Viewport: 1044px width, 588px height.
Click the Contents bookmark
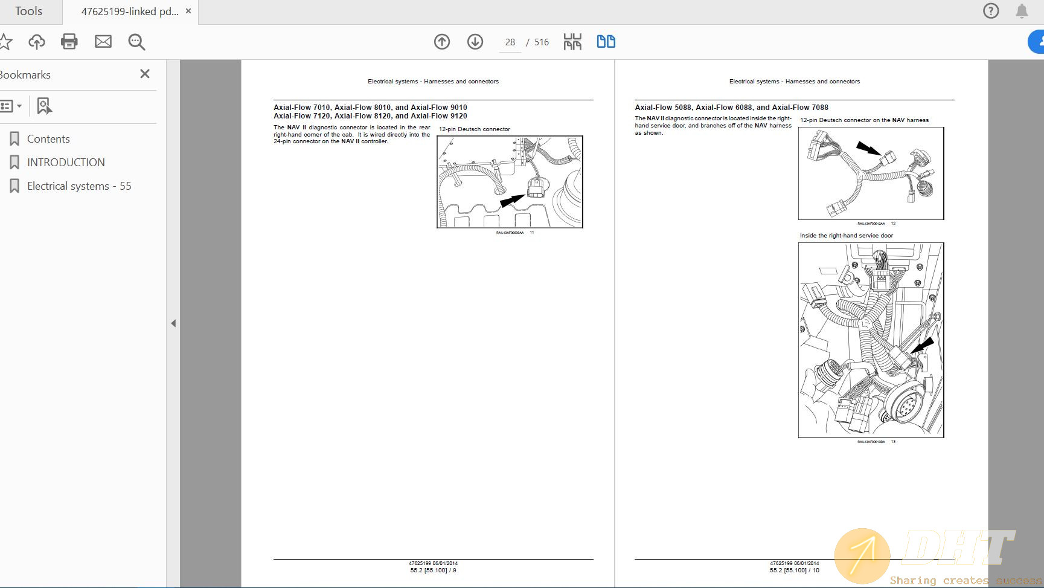(48, 139)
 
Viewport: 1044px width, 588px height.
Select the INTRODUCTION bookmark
(65, 163)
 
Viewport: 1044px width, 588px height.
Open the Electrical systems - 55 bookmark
(78, 186)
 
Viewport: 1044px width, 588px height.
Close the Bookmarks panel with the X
(145, 74)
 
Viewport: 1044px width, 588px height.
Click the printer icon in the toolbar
(69, 42)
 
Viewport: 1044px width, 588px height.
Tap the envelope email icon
(103, 42)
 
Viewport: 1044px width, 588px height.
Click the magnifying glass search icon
(136, 42)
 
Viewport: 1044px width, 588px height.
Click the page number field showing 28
(510, 42)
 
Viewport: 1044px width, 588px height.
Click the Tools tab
(28, 11)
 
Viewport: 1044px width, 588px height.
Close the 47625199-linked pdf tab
(188, 11)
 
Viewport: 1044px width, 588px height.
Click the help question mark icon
(991, 11)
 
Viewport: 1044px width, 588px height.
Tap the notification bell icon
(1022, 11)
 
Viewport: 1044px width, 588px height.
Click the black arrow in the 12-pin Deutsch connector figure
(513, 200)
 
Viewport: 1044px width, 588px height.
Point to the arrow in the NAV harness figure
(868, 149)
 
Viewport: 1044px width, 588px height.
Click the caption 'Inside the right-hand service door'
(846, 236)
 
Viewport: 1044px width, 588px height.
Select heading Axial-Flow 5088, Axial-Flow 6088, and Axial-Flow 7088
(731, 108)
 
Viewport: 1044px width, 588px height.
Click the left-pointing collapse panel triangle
(173, 323)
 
